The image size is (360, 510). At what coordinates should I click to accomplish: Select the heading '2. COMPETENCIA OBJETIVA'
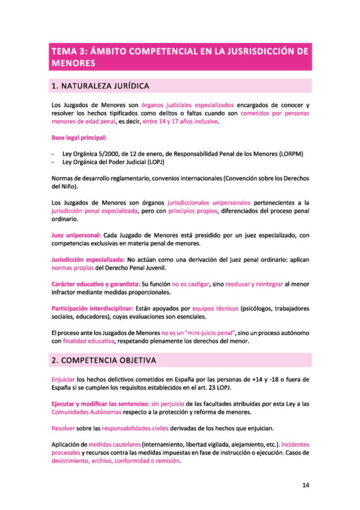[103, 361]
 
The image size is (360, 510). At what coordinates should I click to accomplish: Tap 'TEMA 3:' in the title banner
[69, 51]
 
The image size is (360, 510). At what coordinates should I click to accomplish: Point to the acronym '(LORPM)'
[291, 154]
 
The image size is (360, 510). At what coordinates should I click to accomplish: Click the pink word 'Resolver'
[64, 428]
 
